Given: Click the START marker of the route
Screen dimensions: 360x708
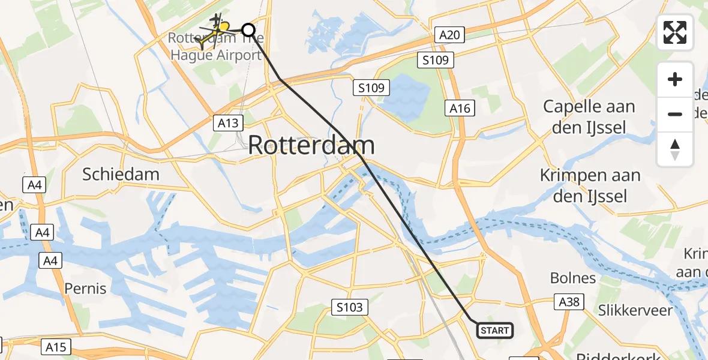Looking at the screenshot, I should pos(495,331).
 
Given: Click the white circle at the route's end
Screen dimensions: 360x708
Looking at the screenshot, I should pos(248,29).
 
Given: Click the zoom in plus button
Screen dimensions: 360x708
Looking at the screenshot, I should pos(675,79).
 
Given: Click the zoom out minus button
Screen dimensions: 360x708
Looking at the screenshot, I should pos(675,114).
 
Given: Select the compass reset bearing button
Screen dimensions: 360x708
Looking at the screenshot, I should pos(675,149).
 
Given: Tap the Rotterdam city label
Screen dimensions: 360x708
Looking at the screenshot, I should pos(311,146).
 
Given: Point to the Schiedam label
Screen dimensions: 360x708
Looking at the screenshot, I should pos(121,175).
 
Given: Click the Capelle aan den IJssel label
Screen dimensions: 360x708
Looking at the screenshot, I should pos(589,117).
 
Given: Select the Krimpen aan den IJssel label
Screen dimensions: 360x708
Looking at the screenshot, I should pos(590,185).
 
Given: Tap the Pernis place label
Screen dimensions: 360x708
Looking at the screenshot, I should pos(85,289).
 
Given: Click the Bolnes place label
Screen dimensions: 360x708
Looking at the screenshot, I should pos(573,278).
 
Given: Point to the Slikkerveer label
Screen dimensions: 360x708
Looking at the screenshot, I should pos(635,310).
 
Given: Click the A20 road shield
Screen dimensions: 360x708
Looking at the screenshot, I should pos(449,35).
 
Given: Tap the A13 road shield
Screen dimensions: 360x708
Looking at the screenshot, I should pos(229,124).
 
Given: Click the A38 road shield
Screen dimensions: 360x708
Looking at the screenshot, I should pos(569,301).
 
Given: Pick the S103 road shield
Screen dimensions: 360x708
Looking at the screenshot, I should pos(349,308).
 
